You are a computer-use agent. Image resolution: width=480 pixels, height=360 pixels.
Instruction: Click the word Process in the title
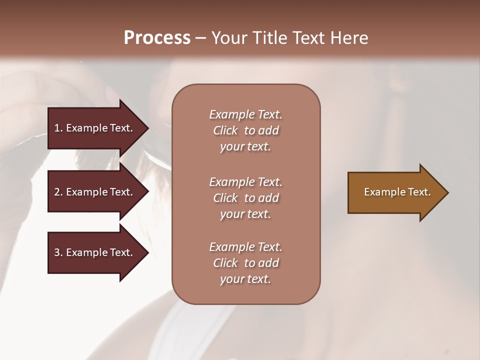click(x=157, y=37)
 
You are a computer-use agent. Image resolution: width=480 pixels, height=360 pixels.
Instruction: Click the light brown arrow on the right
click(x=395, y=192)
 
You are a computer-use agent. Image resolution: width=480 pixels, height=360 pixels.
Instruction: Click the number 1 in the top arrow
click(x=57, y=128)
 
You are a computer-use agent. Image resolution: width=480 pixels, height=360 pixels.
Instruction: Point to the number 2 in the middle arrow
click(x=57, y=192)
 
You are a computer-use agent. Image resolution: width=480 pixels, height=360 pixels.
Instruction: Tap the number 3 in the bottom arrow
click(x=57, y=252)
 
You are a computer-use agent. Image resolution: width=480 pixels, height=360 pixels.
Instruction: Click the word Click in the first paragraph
click(x=225, y=130)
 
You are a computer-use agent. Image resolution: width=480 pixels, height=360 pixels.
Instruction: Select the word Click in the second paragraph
click(x=225, y=198)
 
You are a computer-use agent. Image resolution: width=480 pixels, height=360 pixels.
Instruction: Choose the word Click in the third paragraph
click(x=225, y=263)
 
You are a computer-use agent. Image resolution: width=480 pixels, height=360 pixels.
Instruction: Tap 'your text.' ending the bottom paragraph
click(x=245, y=279)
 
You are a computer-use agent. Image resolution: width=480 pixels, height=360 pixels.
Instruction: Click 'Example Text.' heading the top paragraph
click(x=245, y=114)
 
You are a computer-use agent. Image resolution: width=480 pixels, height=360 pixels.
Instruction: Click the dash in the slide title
click(x=201, y=37)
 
